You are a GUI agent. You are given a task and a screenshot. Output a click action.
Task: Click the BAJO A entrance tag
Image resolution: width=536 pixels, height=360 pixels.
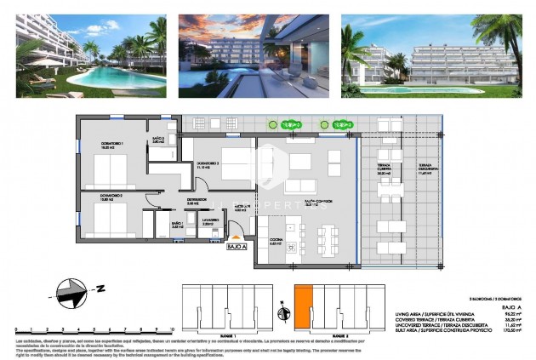click(237, 247)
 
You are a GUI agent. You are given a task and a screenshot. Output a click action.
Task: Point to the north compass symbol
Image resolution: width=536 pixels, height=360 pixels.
click(73, 294)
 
